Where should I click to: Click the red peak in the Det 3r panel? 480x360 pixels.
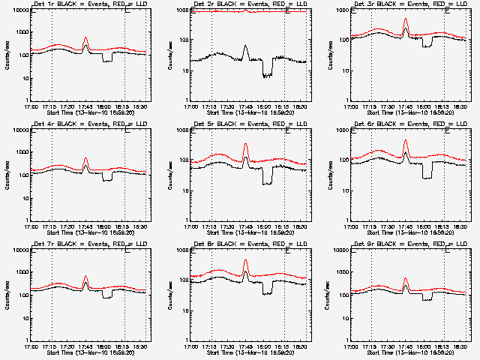click(x=406, y=19)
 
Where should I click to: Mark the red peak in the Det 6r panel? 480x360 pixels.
click(x=406, y=140)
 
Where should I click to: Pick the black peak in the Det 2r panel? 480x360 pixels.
click(x=245, y=46)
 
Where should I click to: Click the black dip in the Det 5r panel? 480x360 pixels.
click(x=268, y=182)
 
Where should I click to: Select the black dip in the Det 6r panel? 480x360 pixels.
click(x=427, y=176)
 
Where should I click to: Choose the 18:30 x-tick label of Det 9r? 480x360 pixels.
click(x=463, y=346)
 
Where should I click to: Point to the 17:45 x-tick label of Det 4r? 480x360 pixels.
click(x=85, y=226)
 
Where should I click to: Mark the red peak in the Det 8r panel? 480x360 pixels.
click(x=245, y=260)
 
